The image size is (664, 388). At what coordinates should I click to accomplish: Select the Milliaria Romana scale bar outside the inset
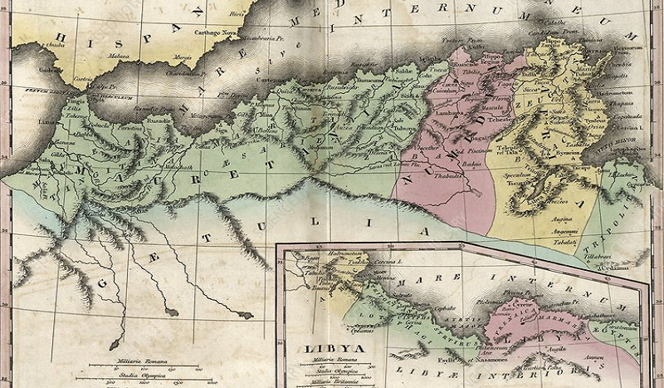click(139, 357)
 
